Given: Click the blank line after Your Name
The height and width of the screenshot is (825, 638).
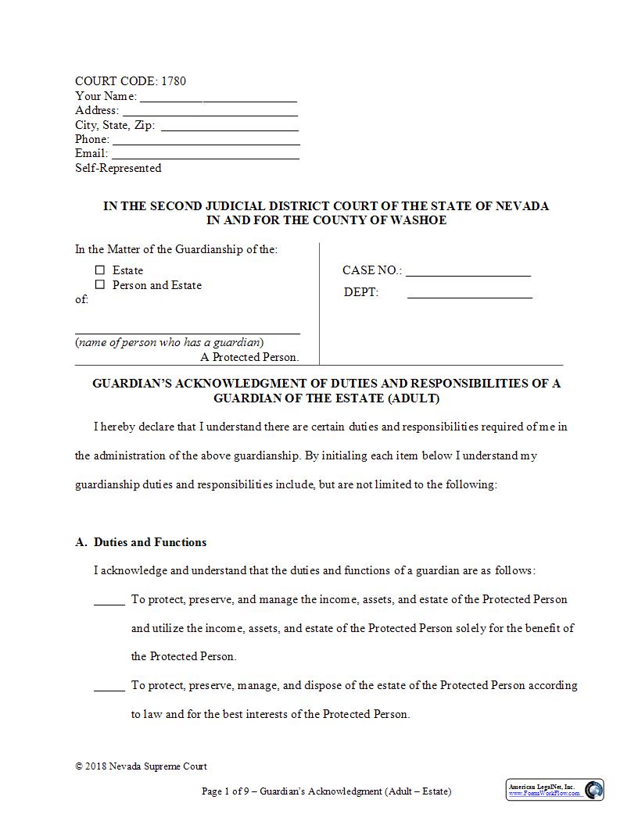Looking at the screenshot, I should tap(218, 97).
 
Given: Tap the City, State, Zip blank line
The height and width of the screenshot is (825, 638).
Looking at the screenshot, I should tap(229, 125).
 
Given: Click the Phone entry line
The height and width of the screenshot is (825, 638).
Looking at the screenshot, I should tap(206, 140).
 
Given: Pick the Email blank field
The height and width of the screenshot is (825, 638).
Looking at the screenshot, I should tap(205, 154).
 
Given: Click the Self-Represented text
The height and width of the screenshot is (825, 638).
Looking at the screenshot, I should tap(118, 168).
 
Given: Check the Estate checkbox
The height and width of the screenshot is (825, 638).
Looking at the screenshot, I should tap(100, 270).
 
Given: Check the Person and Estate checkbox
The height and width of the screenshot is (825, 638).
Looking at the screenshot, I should tap(100, 285).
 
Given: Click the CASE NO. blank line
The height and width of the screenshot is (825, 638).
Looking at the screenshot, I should tap(468, 272).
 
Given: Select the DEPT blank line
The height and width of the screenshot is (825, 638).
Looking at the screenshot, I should tap(469, 294).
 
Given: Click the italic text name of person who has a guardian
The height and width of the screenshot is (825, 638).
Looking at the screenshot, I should tap(169, 342).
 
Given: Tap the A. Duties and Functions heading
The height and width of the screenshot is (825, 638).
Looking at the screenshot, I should tap(142, 542).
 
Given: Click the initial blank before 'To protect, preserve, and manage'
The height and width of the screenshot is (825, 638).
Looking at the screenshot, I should tap(109, 601).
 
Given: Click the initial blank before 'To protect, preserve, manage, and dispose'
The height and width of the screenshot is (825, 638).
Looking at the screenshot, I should tap(109, 687).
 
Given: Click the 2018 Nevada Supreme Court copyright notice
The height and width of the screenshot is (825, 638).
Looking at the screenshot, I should tap(141, 766).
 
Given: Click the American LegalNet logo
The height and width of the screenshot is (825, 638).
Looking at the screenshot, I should tap(554, 790).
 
